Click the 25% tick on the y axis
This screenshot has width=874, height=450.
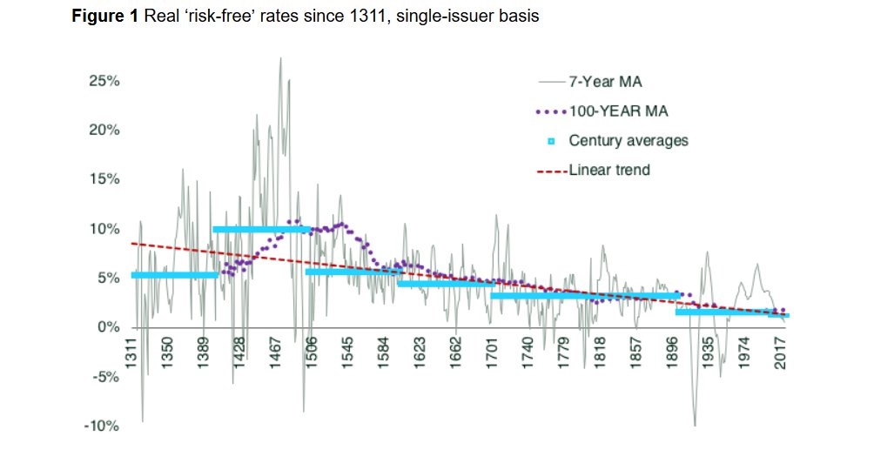[x=104, y=81]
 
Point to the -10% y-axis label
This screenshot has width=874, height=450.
[x=101, y=426]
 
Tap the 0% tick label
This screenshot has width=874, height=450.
[x=107, y=327]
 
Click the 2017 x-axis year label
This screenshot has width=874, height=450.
[x=783, y=353]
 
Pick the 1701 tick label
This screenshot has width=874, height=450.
[x=492, y=353]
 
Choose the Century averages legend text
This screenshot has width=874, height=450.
[x=629, y=140]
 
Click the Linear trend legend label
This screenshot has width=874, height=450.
[x=609, y=170]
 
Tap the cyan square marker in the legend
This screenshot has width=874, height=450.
[x=551, y=141]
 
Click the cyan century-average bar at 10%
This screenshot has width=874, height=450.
[x=261, y=230]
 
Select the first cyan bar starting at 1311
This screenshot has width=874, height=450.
[x=174, y=275]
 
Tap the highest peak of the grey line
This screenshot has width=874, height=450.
[x=280, y=59]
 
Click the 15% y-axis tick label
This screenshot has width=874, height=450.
[x=104, y=179]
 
